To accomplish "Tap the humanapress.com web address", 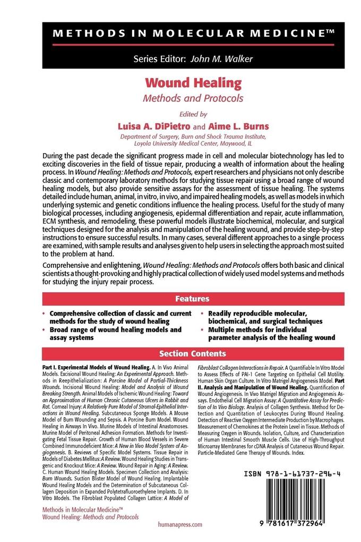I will (180, 524).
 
